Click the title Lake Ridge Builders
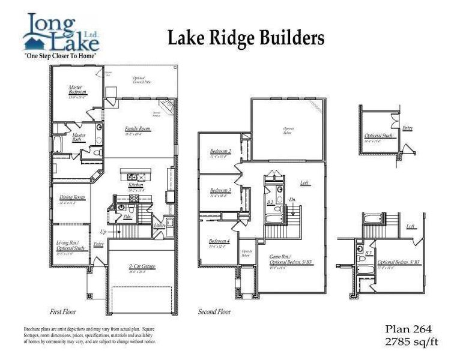pos(246,38)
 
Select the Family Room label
pos(137,129)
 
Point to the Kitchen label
pos(135,186)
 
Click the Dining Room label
pos(71,198)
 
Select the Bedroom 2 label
pos(220,151)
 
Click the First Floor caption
pos(62,312)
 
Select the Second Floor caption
pos(215,312)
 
